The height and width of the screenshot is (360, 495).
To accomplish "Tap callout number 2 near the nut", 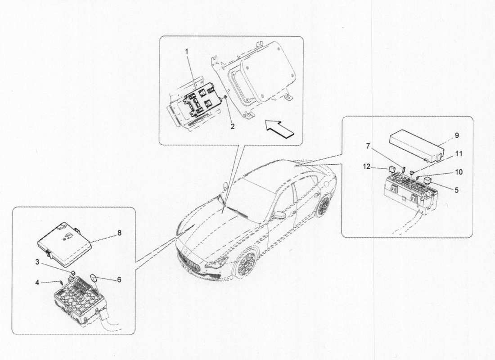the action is [233, 126].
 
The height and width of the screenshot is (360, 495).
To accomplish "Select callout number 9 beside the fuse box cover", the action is [457, 135].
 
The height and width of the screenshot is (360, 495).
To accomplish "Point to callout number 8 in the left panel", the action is [119, 233].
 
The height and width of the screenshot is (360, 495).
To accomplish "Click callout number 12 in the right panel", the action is [366, 166].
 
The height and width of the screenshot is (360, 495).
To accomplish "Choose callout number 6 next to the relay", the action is [119, 280].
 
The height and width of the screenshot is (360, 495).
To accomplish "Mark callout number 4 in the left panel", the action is [37, 283].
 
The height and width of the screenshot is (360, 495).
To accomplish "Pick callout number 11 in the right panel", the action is [459, 154].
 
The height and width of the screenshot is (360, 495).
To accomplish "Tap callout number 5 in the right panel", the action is [456, 190].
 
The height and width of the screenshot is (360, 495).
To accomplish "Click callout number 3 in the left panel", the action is [37, 262].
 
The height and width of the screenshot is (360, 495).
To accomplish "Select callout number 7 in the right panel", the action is [368, 146].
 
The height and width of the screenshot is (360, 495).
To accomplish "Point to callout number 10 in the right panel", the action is [459, 172].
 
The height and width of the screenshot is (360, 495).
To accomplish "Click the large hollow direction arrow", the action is [280, 128].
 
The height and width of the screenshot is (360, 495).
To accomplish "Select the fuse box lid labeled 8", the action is [64, 242].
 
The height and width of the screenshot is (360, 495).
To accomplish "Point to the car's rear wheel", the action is [322, 207].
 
